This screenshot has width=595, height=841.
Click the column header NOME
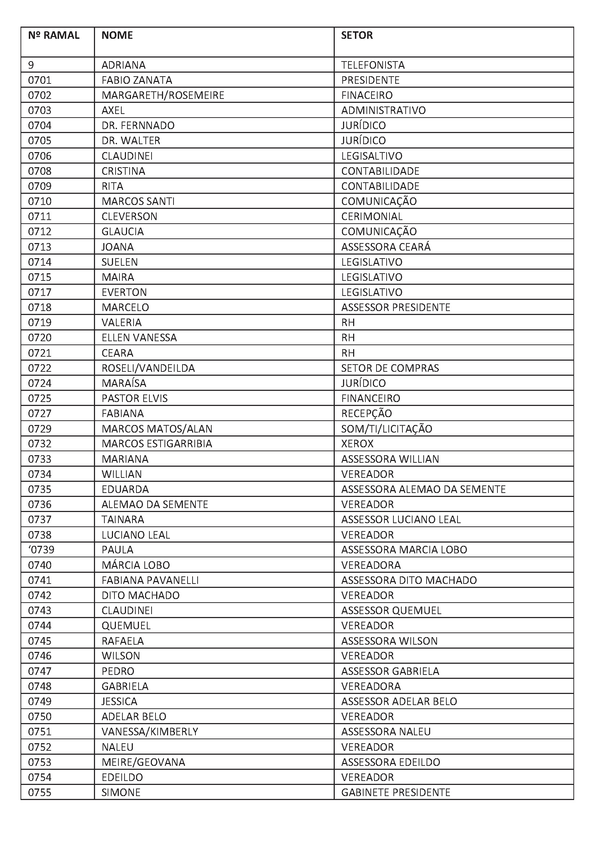pos(117,35)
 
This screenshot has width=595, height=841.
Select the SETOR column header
pos(357,35)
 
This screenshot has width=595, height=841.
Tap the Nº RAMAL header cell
pos(54,35)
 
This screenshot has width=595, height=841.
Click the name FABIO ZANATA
pos(137,80)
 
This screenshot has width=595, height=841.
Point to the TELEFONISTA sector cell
pos(373,65)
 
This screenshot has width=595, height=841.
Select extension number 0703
pos(40,110)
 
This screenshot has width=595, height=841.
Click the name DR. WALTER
pos(131,140)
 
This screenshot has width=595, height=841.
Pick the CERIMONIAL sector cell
pos(372,216)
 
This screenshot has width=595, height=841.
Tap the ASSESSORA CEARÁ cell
pos(386,247)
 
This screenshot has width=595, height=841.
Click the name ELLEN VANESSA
pos(139,337)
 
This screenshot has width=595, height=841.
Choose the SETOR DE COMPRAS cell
pos(390,368)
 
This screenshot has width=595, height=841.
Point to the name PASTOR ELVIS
pos(135,398)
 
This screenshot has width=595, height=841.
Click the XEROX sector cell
pos(357,444)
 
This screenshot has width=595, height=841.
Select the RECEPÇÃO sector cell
pos(366,413)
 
